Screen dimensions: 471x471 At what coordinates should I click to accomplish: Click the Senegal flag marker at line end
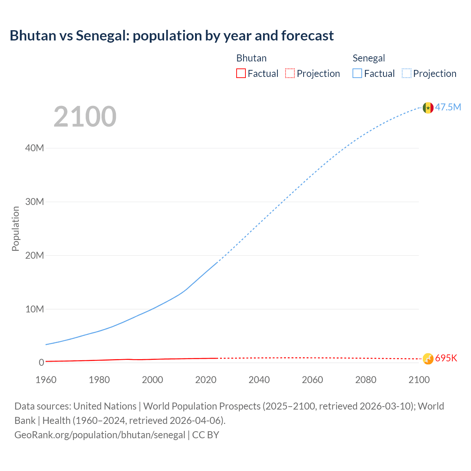click(x=428, y=108)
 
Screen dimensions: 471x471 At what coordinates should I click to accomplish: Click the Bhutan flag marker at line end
click(x=428, y=358)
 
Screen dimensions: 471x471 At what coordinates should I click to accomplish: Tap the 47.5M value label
click(x=448, y=107)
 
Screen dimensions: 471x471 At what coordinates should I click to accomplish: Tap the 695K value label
click(x=446, y=358)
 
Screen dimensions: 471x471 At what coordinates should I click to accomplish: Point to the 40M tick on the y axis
click(x=35, y=148)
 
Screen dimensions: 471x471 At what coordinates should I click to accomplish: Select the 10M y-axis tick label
click(x=35, y=309)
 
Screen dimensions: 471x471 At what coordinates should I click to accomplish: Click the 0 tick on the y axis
click(x=41, y=362)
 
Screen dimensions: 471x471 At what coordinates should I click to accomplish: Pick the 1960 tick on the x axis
click(x=46, y=380)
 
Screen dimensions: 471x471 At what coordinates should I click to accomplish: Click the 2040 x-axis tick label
click(x=259, y=380)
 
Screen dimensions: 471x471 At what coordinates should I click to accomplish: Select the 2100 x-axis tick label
click(x=419, y=380)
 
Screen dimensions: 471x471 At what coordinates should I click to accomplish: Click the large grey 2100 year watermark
click(x=85, y=117)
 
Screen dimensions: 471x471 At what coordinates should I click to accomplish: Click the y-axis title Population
click(x=15, y=229)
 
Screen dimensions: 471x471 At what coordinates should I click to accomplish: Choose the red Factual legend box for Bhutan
click(x=241, y=74)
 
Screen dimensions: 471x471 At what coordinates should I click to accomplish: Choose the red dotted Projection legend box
click(x=290, y=74)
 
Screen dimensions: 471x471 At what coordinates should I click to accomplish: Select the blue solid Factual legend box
click(x=357, y=74)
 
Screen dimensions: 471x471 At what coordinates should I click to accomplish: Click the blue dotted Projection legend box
click(x=406, y=74)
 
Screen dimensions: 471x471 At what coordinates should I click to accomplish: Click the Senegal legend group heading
click(x=369, y=58)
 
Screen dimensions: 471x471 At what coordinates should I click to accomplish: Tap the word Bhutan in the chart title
click(x=32, y=36)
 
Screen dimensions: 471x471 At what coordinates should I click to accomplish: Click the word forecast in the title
click(x=308, y=36)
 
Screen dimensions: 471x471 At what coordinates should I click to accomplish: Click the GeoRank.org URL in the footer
click(x=100, y=435)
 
